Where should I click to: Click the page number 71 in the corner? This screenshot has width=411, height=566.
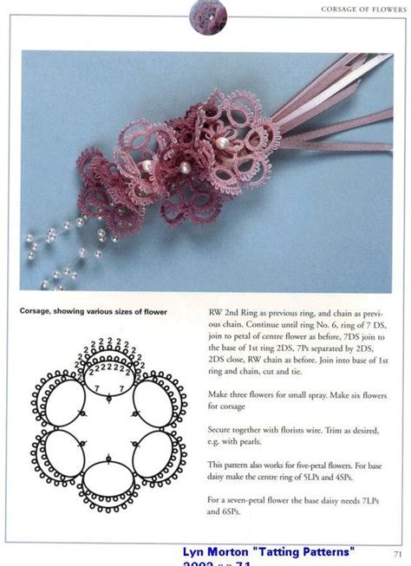396,555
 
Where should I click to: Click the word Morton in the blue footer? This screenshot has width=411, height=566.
230,552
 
